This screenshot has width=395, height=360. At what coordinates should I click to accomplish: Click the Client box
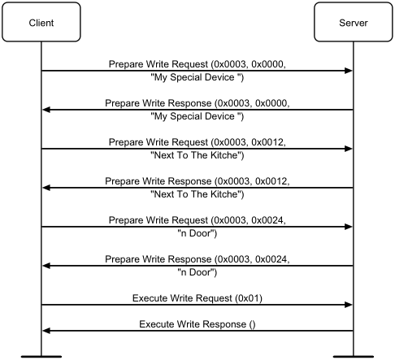41,22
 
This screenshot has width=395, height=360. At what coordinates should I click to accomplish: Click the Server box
354,22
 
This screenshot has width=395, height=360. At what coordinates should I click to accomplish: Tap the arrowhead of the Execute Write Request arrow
349,305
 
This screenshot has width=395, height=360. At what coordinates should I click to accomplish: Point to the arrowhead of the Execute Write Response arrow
46,331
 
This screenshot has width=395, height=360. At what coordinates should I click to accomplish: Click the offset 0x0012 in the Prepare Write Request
267,142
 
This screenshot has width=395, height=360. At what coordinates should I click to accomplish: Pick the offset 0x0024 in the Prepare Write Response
271,259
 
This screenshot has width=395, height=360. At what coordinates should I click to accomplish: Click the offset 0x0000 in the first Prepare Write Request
267,64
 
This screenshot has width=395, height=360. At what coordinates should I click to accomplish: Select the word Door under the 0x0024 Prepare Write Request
200,233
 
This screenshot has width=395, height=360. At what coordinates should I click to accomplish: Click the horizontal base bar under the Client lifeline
41,357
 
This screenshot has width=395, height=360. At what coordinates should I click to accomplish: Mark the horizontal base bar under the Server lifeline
354,357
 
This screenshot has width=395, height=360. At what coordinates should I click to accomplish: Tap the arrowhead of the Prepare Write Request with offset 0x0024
349,227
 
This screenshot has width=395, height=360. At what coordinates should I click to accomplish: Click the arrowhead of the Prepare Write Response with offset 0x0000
46,110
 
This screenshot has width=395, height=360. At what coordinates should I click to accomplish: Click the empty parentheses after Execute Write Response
252,324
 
